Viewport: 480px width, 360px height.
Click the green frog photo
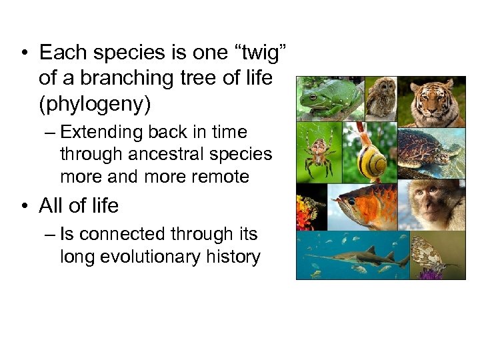click(329, 99)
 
